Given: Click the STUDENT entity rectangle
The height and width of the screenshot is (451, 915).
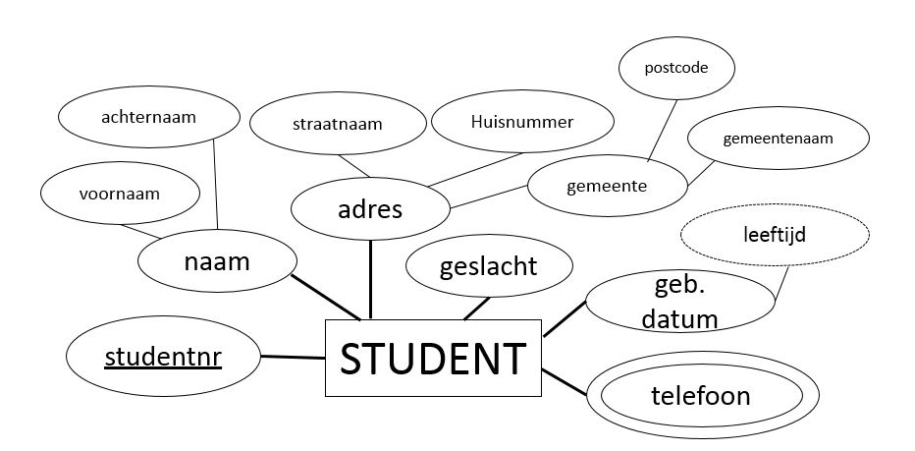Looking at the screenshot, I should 433,359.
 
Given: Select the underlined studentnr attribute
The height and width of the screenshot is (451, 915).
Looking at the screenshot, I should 163,356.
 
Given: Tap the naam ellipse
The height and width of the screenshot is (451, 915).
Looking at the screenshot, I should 217,262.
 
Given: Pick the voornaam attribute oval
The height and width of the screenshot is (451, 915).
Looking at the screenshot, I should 118,194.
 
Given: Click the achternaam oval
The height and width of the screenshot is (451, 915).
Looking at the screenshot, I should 149,118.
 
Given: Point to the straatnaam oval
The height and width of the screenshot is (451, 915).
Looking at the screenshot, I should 336,125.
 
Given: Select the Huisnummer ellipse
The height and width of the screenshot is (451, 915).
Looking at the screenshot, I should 521,122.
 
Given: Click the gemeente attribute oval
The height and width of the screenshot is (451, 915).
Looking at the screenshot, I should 607,185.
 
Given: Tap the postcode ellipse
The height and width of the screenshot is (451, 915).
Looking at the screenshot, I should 675,69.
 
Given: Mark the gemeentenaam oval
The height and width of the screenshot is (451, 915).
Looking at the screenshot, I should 778,139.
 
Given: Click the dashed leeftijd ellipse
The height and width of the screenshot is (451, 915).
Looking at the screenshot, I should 775,235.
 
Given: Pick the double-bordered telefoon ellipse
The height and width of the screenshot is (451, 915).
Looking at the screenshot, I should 700,396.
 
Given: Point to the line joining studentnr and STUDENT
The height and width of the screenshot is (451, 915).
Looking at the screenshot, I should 293,358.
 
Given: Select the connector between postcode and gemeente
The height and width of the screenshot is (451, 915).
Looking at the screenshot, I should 663,129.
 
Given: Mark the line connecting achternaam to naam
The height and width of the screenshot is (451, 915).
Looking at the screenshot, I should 216,187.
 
